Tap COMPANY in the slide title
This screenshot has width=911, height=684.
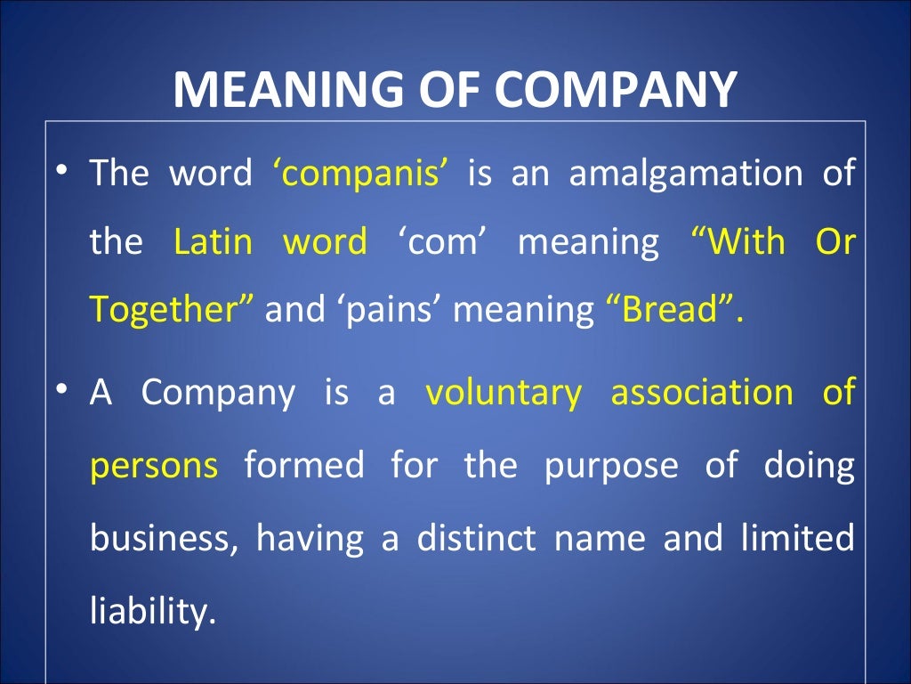point(616,89)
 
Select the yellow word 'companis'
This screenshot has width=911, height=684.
point(359,173)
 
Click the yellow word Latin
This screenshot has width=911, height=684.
point(213,241)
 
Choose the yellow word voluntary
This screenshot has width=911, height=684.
point(504,392)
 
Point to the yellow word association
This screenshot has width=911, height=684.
point(701,392)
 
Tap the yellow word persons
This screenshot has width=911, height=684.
point(153,465)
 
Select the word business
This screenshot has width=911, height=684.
point(164,539)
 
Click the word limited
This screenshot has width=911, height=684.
point(797,537)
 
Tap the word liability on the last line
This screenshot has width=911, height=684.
point(152,611)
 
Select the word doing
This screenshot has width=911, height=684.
point(809,465)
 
